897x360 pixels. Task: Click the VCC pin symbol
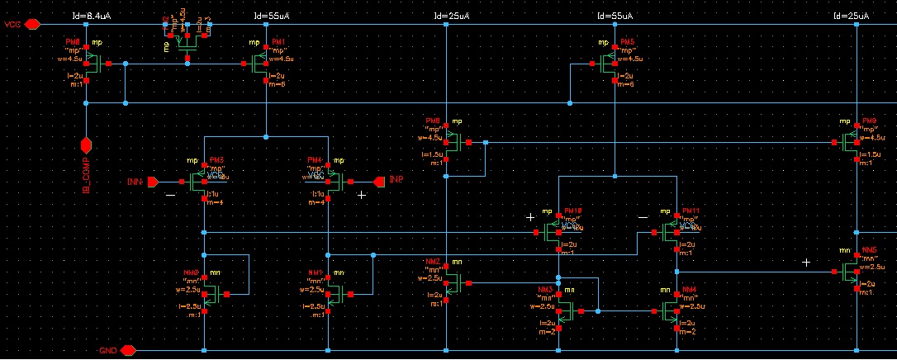(32, 25)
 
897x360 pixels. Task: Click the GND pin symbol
(127, 350)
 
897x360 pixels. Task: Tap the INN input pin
(152, 181)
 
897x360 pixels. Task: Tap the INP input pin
(379, 181)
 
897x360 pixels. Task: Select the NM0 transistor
(210, 293)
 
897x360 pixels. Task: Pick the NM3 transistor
(567, 311)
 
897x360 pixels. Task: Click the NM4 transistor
(670, 311)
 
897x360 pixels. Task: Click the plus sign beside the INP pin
(361, 195)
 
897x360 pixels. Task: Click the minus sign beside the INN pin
(170, 195)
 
